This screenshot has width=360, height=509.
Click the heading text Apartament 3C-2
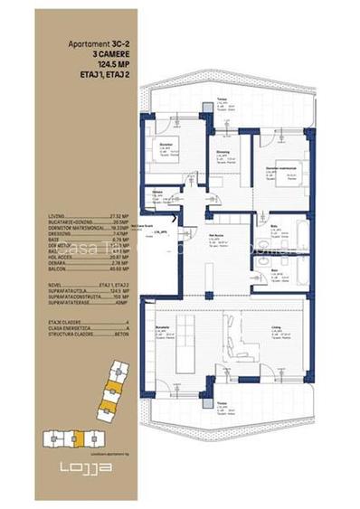[99, 43]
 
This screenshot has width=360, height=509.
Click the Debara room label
[157, 193]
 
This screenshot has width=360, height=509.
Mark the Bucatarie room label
[164, 331]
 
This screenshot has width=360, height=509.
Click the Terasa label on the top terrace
[222, 100]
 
